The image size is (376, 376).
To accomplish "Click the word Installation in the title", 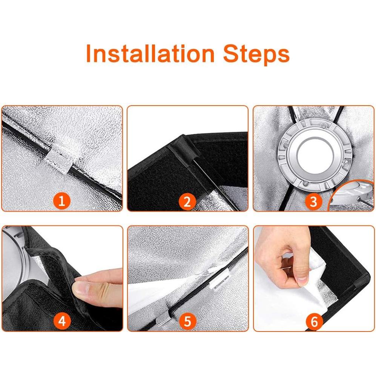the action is (150, 53).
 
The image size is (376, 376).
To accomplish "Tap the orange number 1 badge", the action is (61, 201).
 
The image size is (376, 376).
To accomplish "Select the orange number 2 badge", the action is (187, 201).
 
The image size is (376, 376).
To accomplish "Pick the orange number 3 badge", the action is (313, 201).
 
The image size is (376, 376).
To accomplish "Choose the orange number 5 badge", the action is (187, 321).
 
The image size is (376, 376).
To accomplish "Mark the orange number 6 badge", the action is (314, 321).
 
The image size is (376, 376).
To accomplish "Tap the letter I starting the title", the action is (88, 53).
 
